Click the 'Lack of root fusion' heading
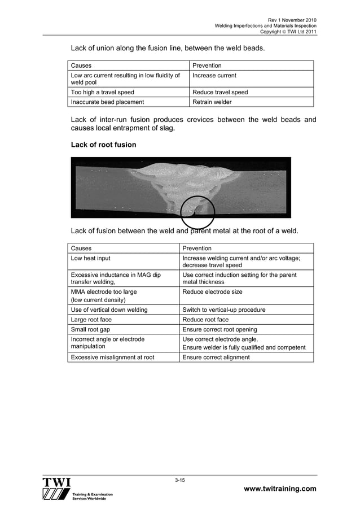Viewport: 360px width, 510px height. tap(103, 145)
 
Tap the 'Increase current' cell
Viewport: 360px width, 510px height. tap(214, 76)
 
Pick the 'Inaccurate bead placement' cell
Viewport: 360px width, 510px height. tap(107, 102)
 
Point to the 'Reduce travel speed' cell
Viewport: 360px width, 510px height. tap(220, 92)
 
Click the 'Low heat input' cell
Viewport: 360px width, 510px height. tap(90, 258)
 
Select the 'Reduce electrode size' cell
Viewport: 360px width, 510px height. tap(213, 292)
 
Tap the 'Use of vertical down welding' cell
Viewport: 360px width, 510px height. tap(109, 310)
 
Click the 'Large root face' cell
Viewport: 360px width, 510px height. tap(91, 320)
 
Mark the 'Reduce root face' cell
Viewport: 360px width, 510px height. tap(206, 320)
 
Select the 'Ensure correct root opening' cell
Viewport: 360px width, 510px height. tap(220, 329)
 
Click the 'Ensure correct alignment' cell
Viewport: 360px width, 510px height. tap(216, 357)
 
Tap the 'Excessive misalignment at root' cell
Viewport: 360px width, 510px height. tap(112, 357)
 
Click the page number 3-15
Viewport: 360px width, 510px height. tap(180, 480)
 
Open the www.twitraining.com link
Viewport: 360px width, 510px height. tap(279, 489)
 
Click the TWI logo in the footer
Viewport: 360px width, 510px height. tap(56, 489)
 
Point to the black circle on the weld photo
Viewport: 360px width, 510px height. tap(197, 213)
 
